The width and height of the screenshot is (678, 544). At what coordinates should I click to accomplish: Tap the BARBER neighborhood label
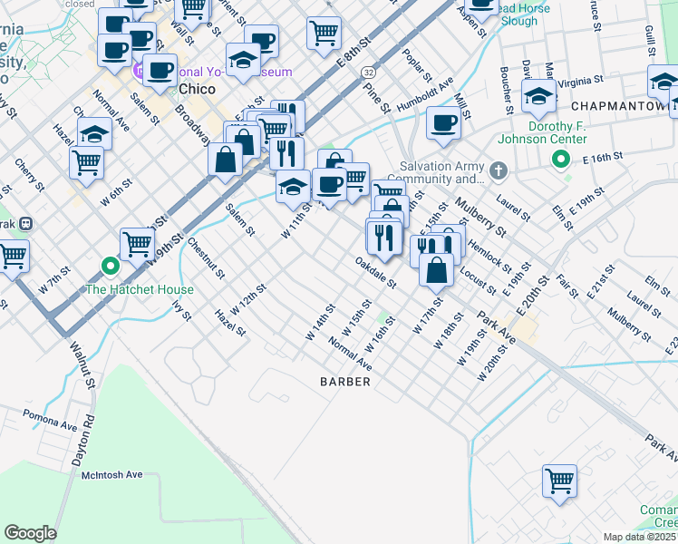(x=345, y=382)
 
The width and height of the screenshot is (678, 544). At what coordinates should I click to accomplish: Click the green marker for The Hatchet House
(x=110, y=267)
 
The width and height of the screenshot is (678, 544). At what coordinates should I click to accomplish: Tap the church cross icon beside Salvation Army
(x=498, y=170)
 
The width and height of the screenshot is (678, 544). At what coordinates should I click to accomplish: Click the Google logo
(x=30, y=533)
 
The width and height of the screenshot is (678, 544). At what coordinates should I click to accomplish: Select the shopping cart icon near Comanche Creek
(x=559, y=480)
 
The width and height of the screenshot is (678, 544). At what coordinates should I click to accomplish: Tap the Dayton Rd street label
(x=88, y=434)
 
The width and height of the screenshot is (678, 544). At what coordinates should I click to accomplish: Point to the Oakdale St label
(x=376, y=271)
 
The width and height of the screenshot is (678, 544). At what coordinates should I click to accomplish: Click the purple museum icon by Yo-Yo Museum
(x=139, y=71)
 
